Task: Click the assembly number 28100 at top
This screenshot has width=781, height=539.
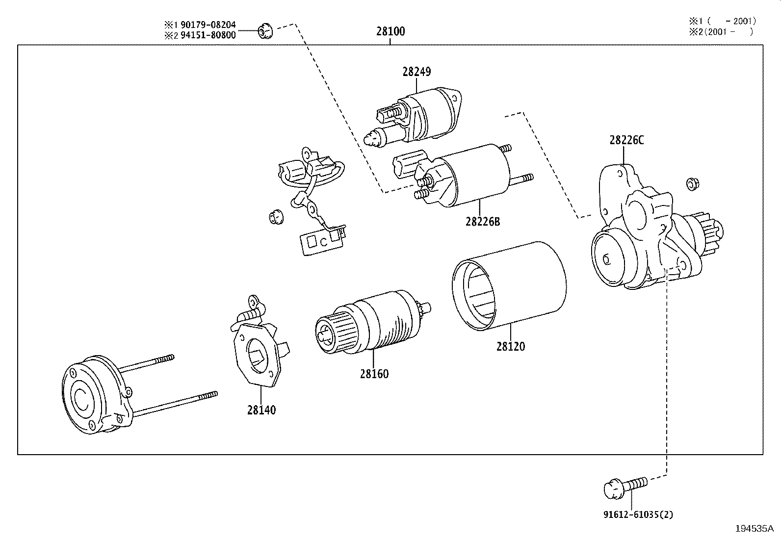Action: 390,31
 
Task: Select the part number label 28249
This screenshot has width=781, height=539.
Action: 417,72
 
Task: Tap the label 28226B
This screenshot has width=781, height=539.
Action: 483,221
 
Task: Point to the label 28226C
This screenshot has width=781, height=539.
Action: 626,140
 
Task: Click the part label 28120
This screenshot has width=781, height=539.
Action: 510,346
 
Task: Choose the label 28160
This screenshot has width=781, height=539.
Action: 374,374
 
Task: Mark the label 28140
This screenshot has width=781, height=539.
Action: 261,410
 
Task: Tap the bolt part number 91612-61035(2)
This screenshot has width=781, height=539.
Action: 638,514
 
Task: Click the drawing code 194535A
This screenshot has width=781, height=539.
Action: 754,528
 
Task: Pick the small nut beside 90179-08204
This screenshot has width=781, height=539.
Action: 265,31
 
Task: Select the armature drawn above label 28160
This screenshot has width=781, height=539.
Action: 370,321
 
